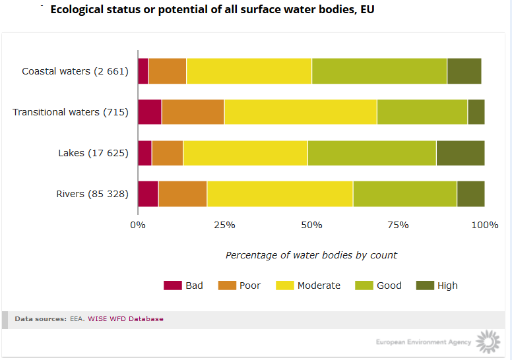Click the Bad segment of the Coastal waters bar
(143, 71)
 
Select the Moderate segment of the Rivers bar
(280, 194)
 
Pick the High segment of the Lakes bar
(460, 153)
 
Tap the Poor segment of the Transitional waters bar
(193, 112)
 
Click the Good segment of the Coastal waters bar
(379, 71)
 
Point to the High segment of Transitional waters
(476, 112)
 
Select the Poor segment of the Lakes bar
(167, 153)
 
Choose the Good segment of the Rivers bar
(404, 194)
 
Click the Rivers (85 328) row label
(92, 194)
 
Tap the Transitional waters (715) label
(71, 112)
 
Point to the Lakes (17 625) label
(93, 153)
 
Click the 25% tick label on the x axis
(224, 225)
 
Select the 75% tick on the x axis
(398, 225)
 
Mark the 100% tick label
(485, 225)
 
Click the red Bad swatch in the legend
(172, 285)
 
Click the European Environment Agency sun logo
(488, 342)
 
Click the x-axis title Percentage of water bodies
(311, 255)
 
